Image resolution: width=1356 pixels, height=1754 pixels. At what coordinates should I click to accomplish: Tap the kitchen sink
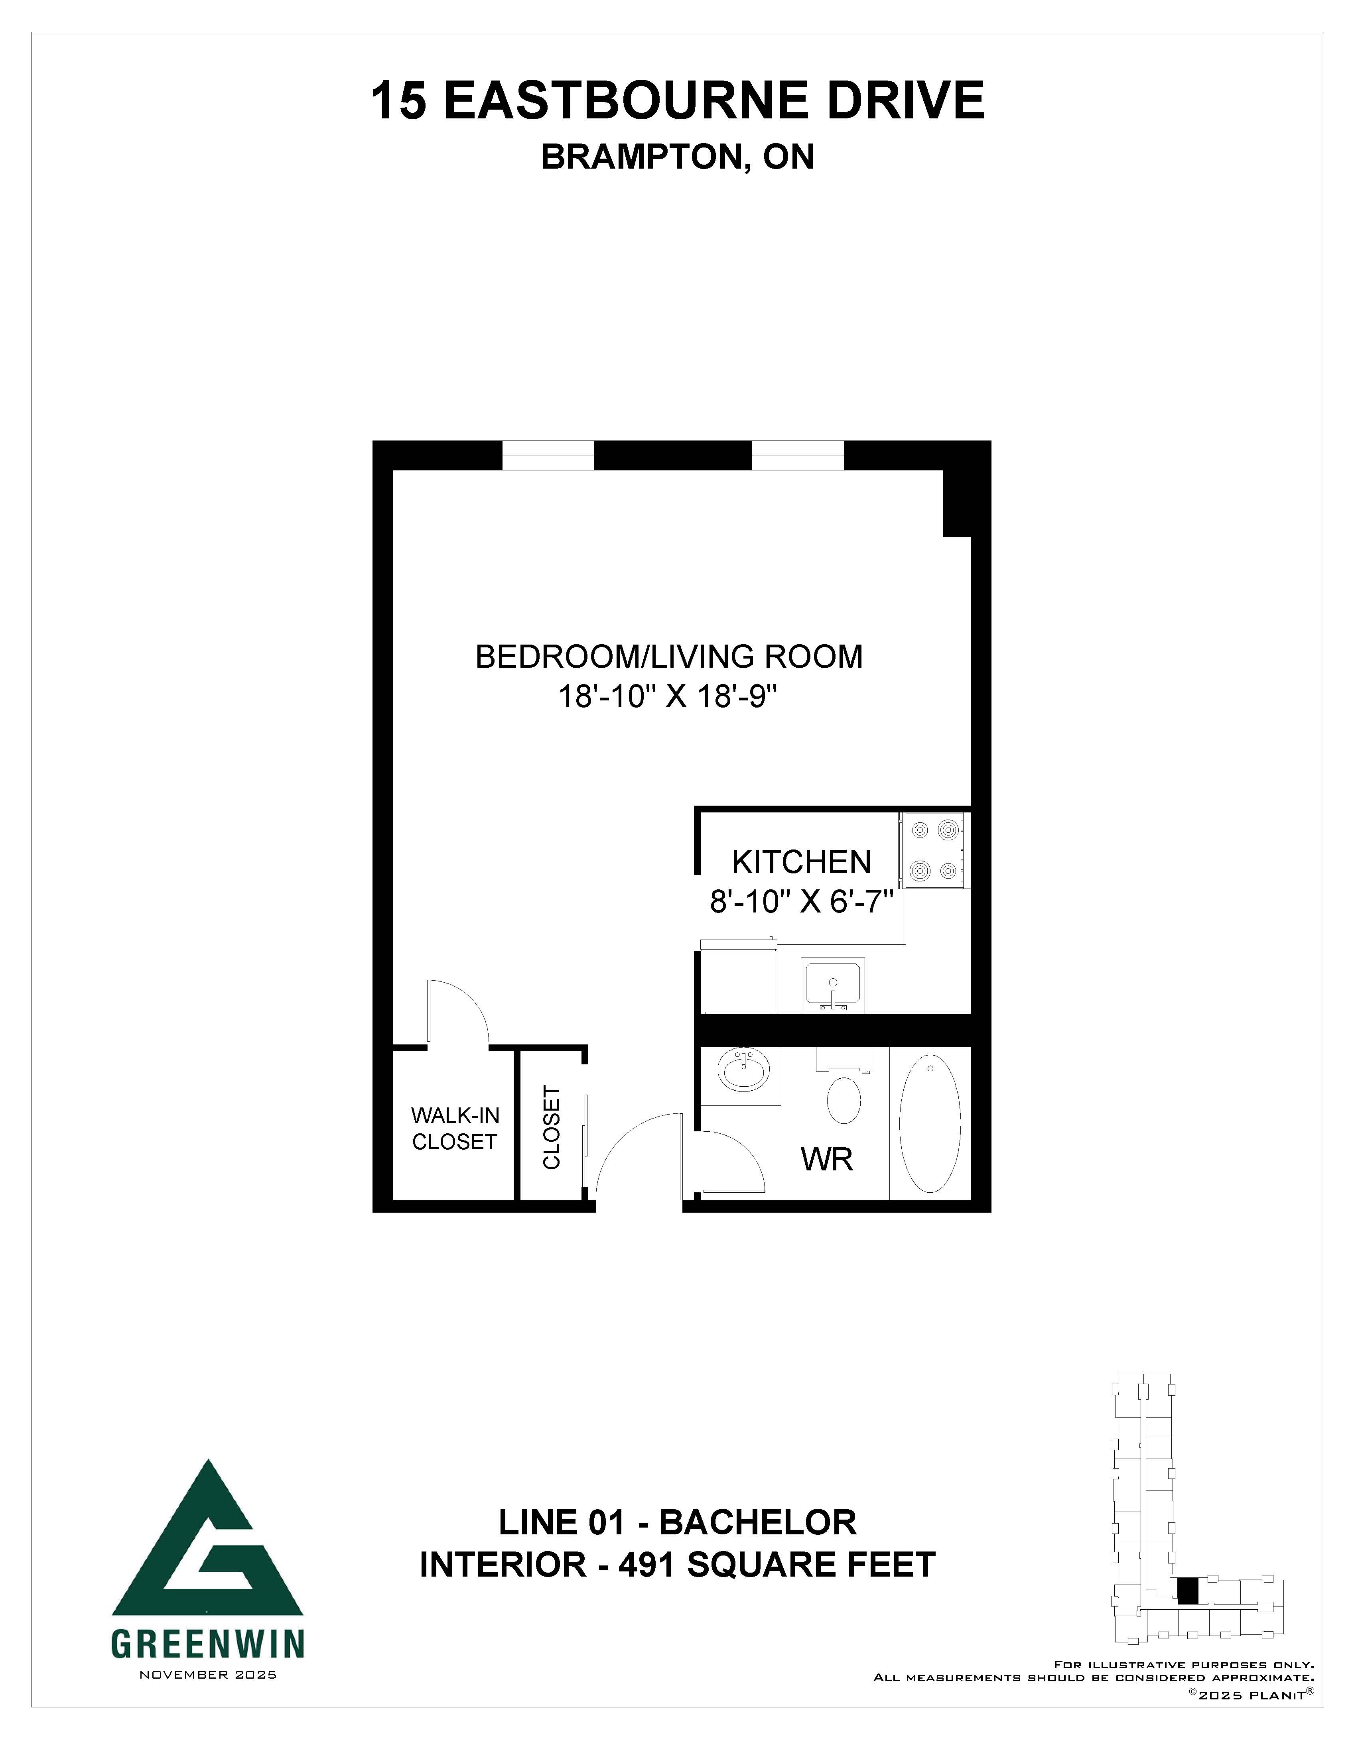(833, 985)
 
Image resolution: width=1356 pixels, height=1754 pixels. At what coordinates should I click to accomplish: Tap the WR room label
(827, 1160)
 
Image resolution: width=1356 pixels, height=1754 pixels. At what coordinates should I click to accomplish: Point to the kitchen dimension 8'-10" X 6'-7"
(802, 903)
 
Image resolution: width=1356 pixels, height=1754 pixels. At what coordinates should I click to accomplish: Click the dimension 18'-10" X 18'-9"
(669, 697)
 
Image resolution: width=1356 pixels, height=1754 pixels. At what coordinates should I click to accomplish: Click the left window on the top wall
(548, 455)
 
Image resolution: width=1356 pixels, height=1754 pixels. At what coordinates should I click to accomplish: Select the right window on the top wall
(798, 455)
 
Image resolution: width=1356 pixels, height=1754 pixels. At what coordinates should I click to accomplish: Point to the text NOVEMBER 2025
(208, 1675)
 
